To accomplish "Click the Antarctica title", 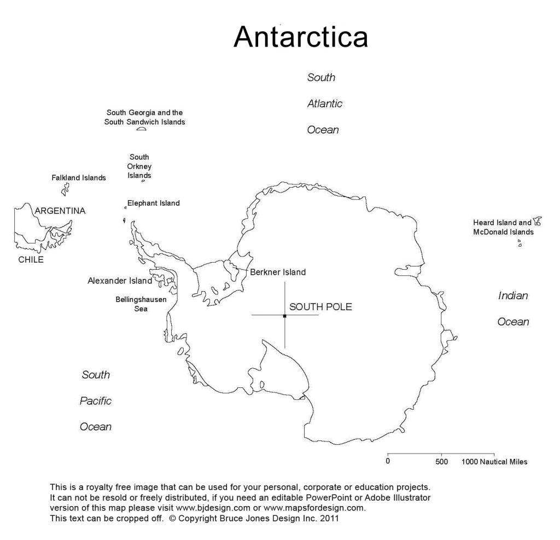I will pyautogui.click(x=301, y=38).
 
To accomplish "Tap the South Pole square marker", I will pyautogui.click(x=285, y=316).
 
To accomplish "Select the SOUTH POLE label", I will pyautogui.click(x=320, y=307).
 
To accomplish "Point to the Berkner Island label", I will pyautogui.click(x=278, y=272).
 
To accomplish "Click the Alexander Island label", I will pyautogui.click(x=120, y=281).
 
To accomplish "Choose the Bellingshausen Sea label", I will pyautogui.click(x=141, y=304).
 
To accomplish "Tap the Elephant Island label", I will pyautogui.click(x=153, y=204).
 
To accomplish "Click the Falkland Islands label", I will pyautogui.click(x=79, y=178).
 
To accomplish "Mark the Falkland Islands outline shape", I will pyautogui.click(x=65, y=189).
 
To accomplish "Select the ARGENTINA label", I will pyautogui.click(x=60, y=211).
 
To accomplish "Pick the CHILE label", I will pyautogui.click(x=31, y=260).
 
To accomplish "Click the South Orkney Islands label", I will pyautogui.click(x=139, y=166).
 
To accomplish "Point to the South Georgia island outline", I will pyautogui.click(x=142, y=129).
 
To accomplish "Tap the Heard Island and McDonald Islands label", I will pyautogui.click(x=503, y=228).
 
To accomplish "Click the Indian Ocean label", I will pyautogui.click(x=513, y=309).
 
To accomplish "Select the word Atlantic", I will pyautogui.click(x=325, y=103).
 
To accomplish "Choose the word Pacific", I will pyautogui.click(x=96, y=401).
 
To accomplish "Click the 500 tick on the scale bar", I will pyautogui.click(x=441, y=462).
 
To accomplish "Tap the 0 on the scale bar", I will pyautogui.click(x=388, y=462).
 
